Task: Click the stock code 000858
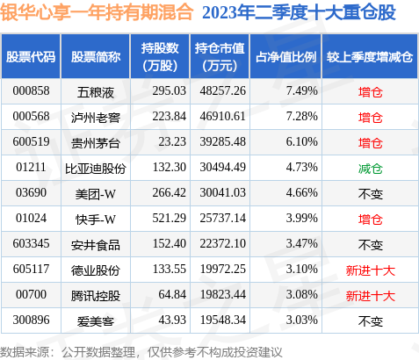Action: coord(31,91)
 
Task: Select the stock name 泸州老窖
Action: coord(96,118)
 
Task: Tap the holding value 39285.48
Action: coord(223,142)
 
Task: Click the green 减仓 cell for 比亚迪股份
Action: coord(371,169)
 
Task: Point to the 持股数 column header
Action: coord(160,57)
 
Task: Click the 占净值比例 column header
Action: coord(286,57)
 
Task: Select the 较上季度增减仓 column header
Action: coord(370,57)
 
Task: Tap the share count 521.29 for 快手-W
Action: coord(170,219)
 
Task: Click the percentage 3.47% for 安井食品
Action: coord(302,244)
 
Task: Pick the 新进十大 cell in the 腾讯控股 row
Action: coord(371,296)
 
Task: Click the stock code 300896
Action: coord(31,320)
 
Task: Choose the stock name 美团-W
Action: coord(96,194)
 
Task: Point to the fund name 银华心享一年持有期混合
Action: coord(97,12)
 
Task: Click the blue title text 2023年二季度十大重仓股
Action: coord(299,13)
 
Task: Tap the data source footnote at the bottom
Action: coord(141,352)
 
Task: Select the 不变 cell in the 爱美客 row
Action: coord(371,321)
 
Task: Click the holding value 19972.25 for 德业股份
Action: coord(223,270)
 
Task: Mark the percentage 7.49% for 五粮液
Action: coord(302,91)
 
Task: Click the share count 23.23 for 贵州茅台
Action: coord(172,142)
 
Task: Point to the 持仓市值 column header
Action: coord(220,57)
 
